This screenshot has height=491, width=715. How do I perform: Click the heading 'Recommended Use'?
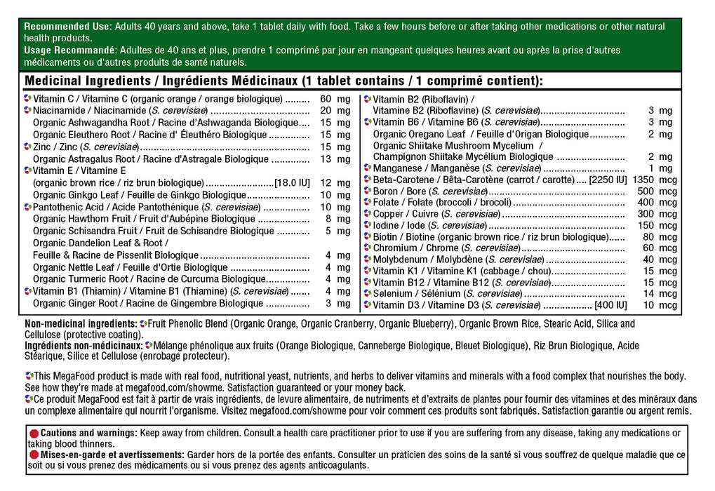67,27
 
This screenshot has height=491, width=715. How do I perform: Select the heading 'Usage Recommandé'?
69,51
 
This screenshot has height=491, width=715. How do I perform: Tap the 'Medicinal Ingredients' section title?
89,81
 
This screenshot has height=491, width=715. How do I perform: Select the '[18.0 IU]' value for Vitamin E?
292,183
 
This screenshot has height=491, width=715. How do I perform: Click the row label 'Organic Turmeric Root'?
77,279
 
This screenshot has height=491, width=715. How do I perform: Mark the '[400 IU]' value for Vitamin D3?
610,305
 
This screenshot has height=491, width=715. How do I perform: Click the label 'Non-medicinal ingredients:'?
81,324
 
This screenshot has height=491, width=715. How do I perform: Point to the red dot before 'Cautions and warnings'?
33,433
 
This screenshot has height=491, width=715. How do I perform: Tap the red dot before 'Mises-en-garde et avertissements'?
33,455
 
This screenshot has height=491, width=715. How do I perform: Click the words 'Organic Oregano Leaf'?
418,134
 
